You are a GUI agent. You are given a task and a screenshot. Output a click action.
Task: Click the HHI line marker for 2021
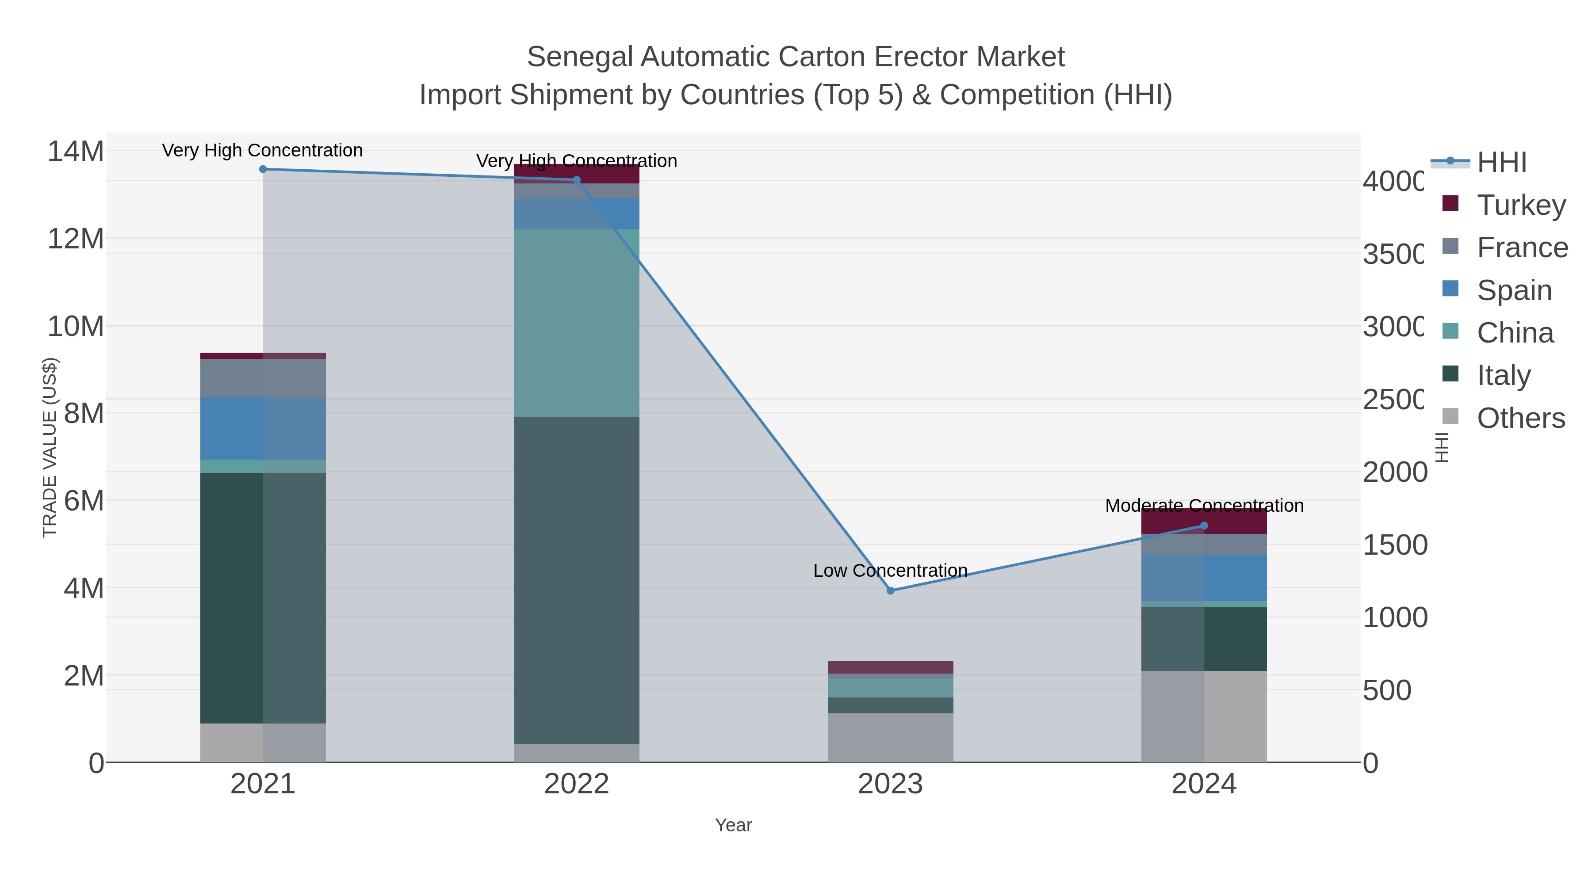(x=263, y=169)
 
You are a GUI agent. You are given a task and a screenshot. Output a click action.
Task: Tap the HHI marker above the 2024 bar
(x=1204, y=526)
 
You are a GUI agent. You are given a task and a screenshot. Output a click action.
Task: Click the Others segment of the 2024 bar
(x=1204, y=716)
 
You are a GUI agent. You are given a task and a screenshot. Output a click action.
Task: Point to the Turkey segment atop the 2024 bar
(x=1204, y=522)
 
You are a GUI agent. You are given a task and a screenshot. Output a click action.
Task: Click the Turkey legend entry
(x=1521, y=205)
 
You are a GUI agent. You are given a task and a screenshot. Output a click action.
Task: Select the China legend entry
(x=1515, y=332)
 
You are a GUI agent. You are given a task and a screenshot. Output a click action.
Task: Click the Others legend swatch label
(x=1520, y=418)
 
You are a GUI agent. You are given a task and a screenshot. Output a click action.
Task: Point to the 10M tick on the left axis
(x=75, y=325)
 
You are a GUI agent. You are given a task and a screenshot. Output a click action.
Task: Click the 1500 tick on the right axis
(x=1394, y=545)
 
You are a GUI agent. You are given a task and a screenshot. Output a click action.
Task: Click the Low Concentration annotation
(x=890, y=570)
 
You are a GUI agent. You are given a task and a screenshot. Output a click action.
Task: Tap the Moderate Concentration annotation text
(x=1204, y=505)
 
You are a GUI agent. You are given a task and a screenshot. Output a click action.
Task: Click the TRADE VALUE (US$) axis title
(x=50, y=447)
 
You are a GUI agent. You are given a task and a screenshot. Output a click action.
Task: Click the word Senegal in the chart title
(x=580, y=57)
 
